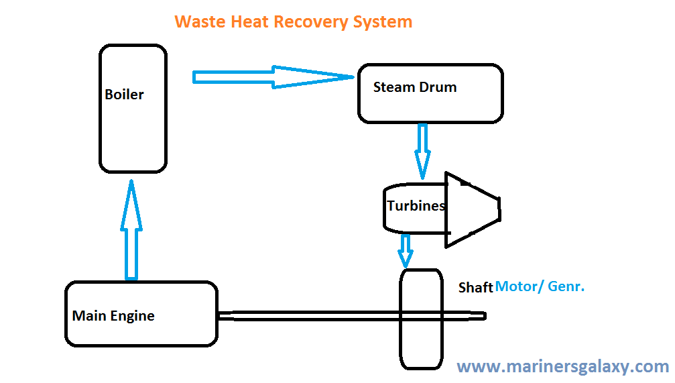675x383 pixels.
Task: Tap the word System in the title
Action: point(383,21)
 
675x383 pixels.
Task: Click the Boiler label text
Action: point(124,95)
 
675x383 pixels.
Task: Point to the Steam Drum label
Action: point(414,87)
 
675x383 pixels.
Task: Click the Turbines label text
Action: point(416,206)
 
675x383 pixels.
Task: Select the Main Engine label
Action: point(113,316)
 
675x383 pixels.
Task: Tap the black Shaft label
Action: point(475,288)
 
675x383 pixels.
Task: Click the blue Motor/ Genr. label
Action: point(540,286)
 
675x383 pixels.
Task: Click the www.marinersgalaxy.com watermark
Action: point(562,367)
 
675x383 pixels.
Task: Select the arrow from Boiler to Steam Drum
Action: point(268,77)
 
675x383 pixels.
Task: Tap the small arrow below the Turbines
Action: point(405,250)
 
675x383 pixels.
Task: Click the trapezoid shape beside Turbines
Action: point(472,209)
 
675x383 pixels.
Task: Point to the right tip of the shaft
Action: point(483,315)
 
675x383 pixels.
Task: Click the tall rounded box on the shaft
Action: point(420,318)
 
